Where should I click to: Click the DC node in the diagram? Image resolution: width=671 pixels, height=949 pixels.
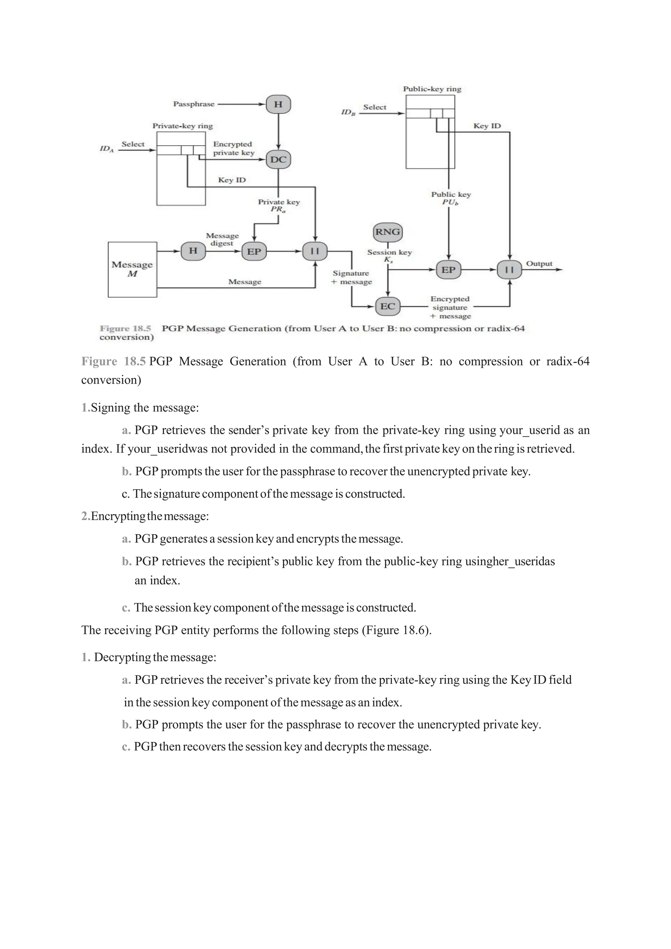[278, 160]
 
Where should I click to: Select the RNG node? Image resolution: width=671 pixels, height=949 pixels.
[387, 232]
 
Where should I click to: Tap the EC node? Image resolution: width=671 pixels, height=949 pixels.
[387, 306]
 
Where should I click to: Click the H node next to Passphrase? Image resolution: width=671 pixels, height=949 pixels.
[278, 104]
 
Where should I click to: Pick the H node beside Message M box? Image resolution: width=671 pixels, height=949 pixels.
[193, 251]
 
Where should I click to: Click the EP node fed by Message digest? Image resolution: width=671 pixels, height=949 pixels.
[254, 251]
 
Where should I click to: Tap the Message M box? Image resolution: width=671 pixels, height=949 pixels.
[132, 269]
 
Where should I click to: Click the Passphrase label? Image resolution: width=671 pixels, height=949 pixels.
[194, 104]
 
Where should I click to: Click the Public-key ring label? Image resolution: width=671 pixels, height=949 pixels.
[432, 89]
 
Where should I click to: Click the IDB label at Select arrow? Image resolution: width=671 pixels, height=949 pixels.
[348, 112]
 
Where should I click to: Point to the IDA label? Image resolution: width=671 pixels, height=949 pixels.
[106, 149]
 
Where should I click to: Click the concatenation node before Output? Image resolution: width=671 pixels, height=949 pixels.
[509, 270]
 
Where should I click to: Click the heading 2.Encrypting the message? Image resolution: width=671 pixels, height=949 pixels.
[145, 516]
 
